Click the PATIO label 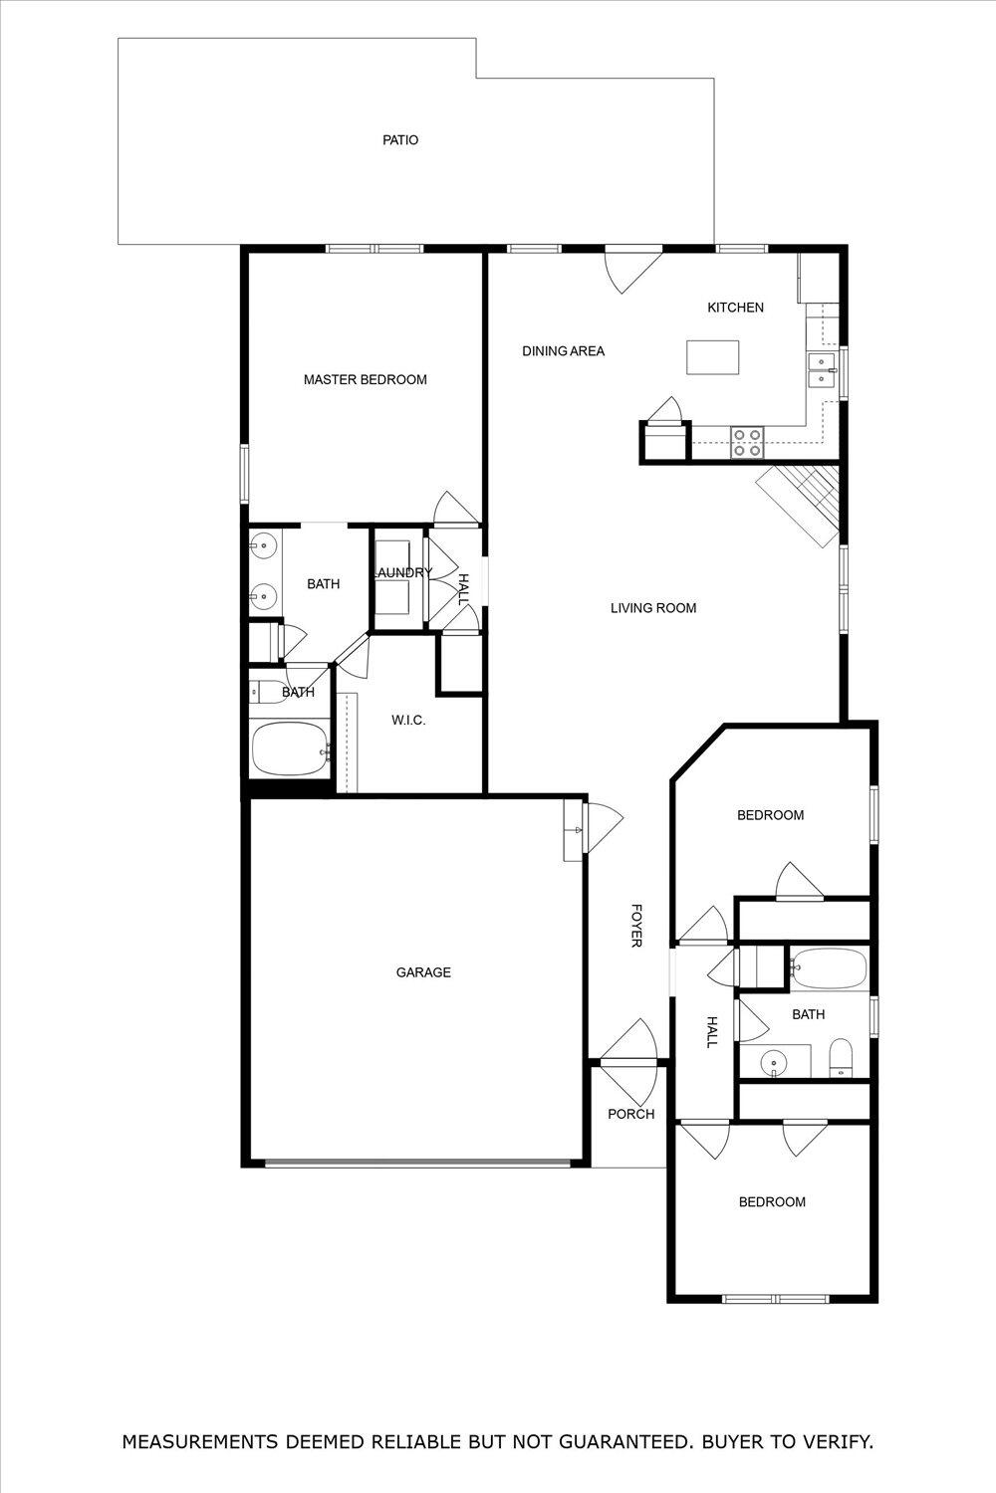pyautogui.click(x=400, y=140)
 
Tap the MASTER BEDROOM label pyautogui.click(x=365, y=379)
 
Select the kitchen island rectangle pyautogui.click(x=712, y=357)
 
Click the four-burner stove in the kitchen pyautogui.click(x=747, y=442)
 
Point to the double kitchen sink pyautogui.click(x=822, y=369)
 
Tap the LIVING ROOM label pyautogui.click(x=653, y=608)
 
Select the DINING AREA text pyautogui.click(x=563, y=351)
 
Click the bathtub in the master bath pyautogui.click(x=290, y=749)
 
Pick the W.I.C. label pyautogui.click(x=408, y=720)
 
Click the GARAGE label pyautogui.click(x=423, y=972)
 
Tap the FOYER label pyautogui.click(x=635, y=926)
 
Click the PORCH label pyautogui.click(x=631, y=1114)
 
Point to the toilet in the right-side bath pyautogui.click(x=843, y=1058)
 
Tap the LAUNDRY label pyautogui.click(x=402, y=572)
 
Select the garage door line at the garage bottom pyautogui.click(x=417, y=1162)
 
